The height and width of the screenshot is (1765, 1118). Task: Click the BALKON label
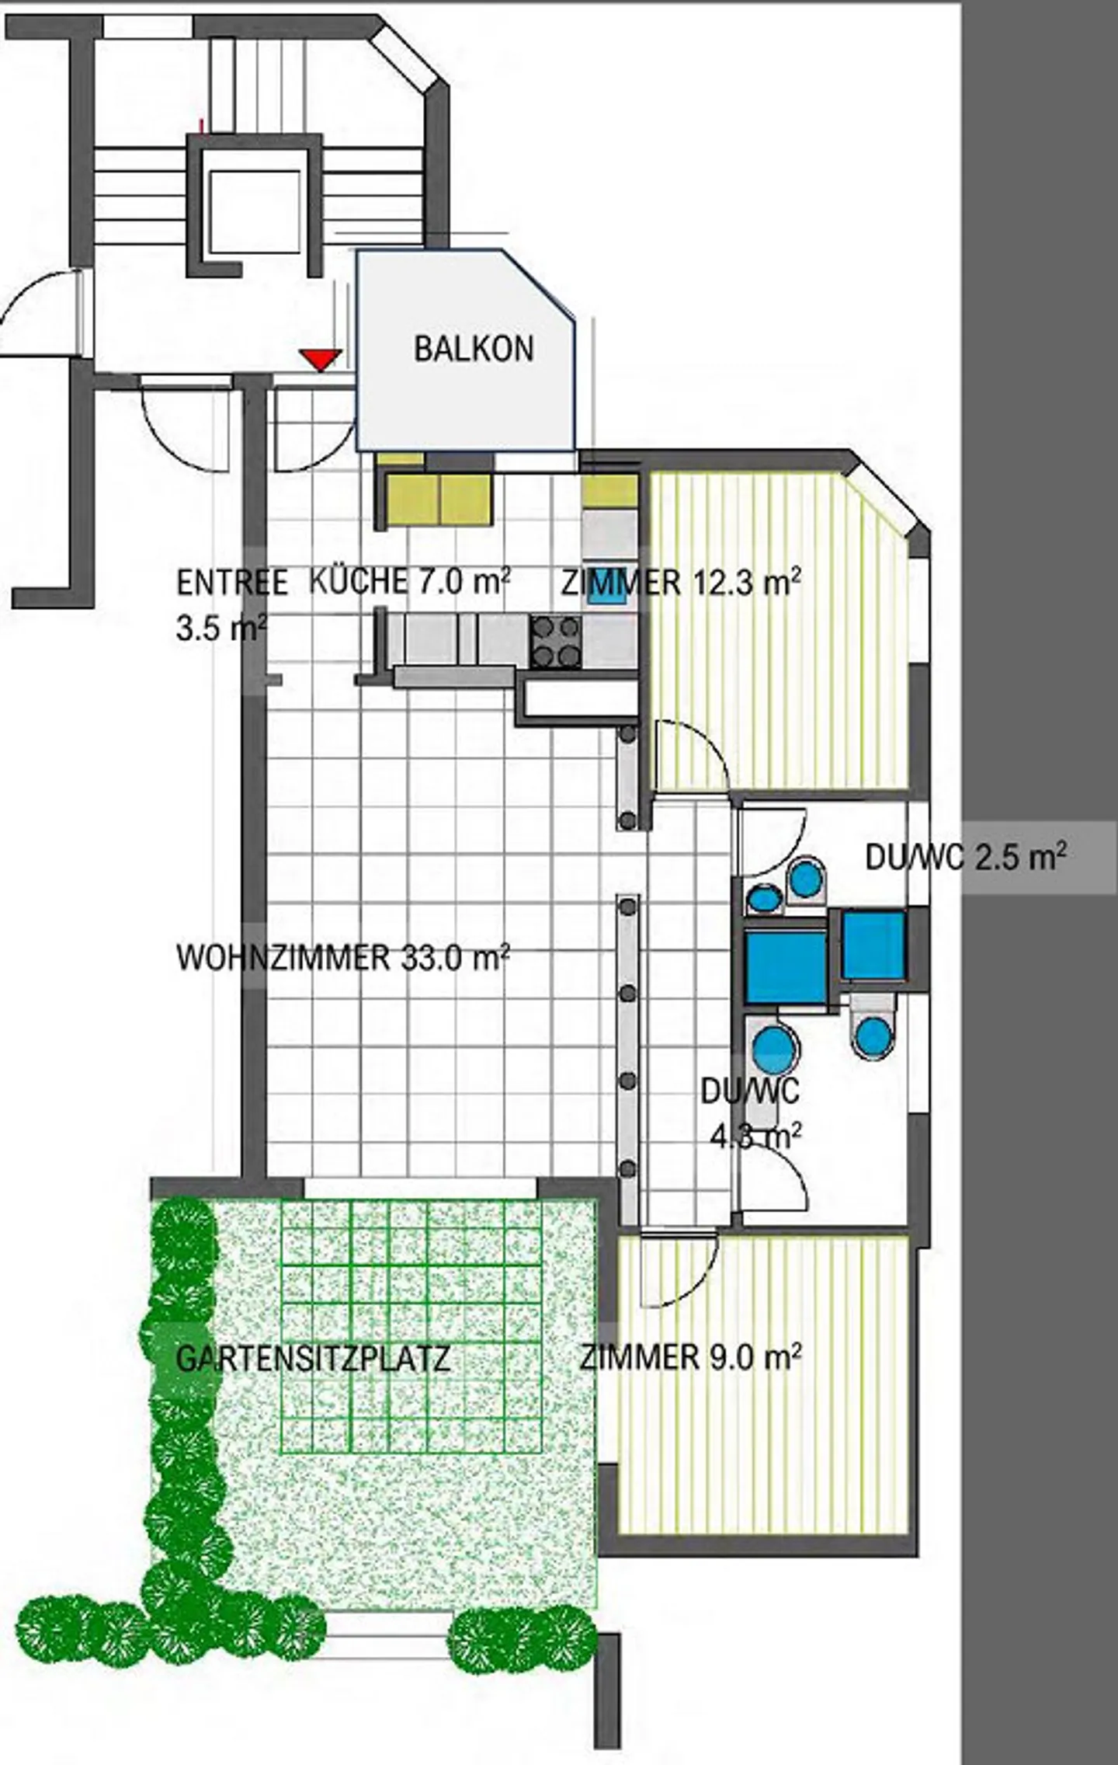point(474,349)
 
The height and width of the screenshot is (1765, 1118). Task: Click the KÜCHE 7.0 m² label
point(410,581)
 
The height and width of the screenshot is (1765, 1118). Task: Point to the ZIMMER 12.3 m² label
point(681,583)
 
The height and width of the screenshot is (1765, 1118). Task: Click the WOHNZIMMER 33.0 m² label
point(343,958)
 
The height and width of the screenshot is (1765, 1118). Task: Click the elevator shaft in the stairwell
point(254,206)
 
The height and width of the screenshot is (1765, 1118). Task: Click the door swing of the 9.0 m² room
point(679,1268)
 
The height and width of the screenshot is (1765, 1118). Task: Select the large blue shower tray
point(786,966)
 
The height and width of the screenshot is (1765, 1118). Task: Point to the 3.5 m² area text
point(221,627)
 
